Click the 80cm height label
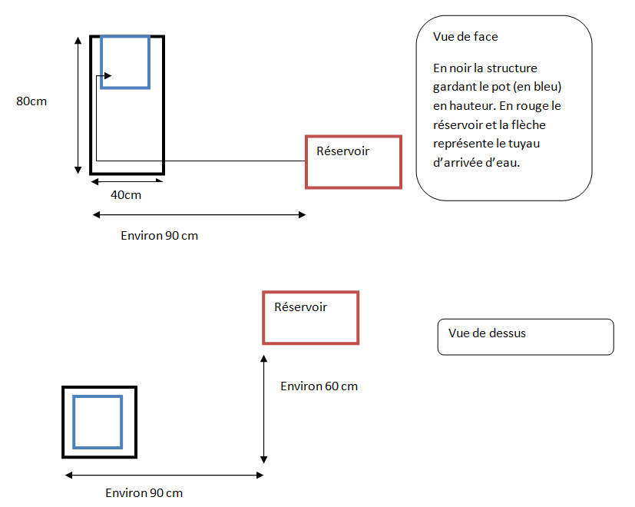31,101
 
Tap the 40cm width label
126,195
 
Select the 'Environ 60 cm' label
319,386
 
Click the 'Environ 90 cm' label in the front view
159,236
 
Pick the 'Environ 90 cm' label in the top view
144,492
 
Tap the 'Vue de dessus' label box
525,336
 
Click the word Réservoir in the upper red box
342,151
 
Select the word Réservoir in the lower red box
300,307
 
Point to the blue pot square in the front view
124,61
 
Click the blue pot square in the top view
98,422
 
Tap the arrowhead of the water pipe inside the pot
107,75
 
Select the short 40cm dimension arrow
127,181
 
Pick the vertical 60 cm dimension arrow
263,408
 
